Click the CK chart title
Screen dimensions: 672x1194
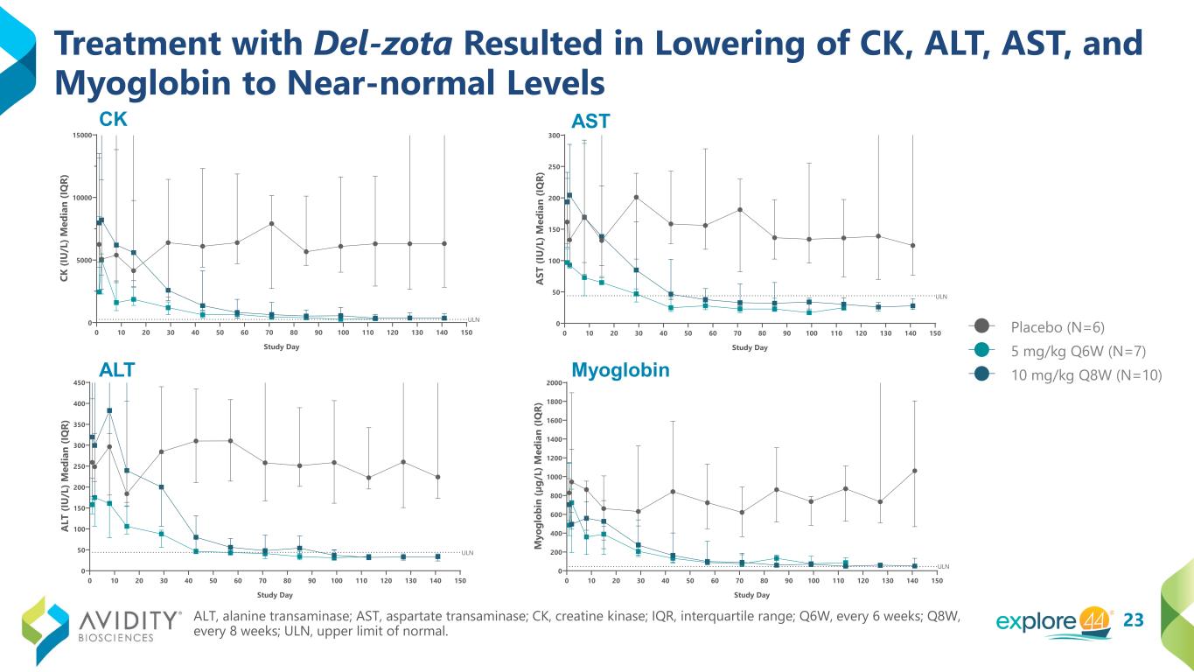(114, 121)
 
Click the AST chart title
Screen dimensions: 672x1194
(590, 122)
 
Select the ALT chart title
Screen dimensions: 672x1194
(116, 370)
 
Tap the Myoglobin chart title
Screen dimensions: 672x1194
(620, 370)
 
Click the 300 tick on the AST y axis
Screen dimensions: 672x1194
(554, 136)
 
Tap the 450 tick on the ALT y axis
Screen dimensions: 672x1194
(79, 383)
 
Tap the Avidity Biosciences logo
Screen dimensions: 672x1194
(101, 620)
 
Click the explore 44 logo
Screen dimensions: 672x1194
(1055, 620)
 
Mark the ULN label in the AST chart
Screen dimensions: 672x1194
(941, 297)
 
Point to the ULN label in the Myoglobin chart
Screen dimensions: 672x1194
(943, 566)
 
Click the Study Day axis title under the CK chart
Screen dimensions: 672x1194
(282, 347)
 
